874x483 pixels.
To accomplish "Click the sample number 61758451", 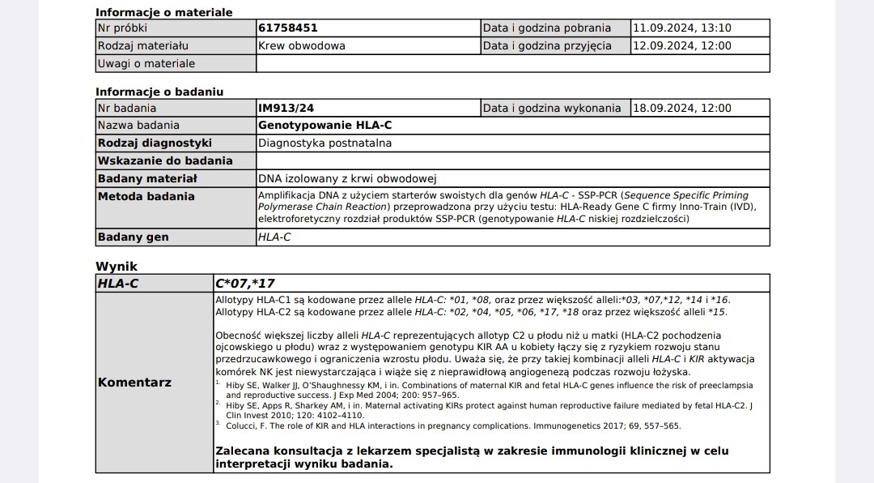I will (287, 28).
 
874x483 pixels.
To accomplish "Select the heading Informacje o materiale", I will (163, 12).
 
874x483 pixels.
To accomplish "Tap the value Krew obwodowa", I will (301, 46).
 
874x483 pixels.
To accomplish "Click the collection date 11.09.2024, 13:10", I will (681, 28).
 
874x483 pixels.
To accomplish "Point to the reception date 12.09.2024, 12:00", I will (681, 46).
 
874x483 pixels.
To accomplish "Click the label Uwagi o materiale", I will (146, 64).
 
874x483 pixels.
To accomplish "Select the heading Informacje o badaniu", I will (159, 92).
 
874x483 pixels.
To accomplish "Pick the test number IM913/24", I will (282, 109).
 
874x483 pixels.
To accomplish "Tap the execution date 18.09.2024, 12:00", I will (681, 109).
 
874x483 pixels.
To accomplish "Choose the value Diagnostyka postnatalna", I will (325, 143).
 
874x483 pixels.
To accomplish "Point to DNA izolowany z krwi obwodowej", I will (347, 178).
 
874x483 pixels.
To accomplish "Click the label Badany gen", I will (133, 237).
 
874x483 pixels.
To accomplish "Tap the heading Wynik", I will (117, 266).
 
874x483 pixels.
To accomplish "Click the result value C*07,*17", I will (244, 284).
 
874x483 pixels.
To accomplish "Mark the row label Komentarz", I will (134, 383).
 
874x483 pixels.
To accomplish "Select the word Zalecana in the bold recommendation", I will (242, 451).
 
